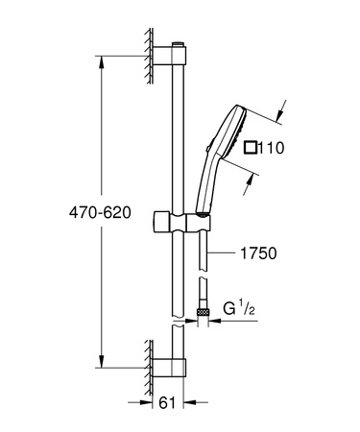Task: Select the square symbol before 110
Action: pos(252,147)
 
